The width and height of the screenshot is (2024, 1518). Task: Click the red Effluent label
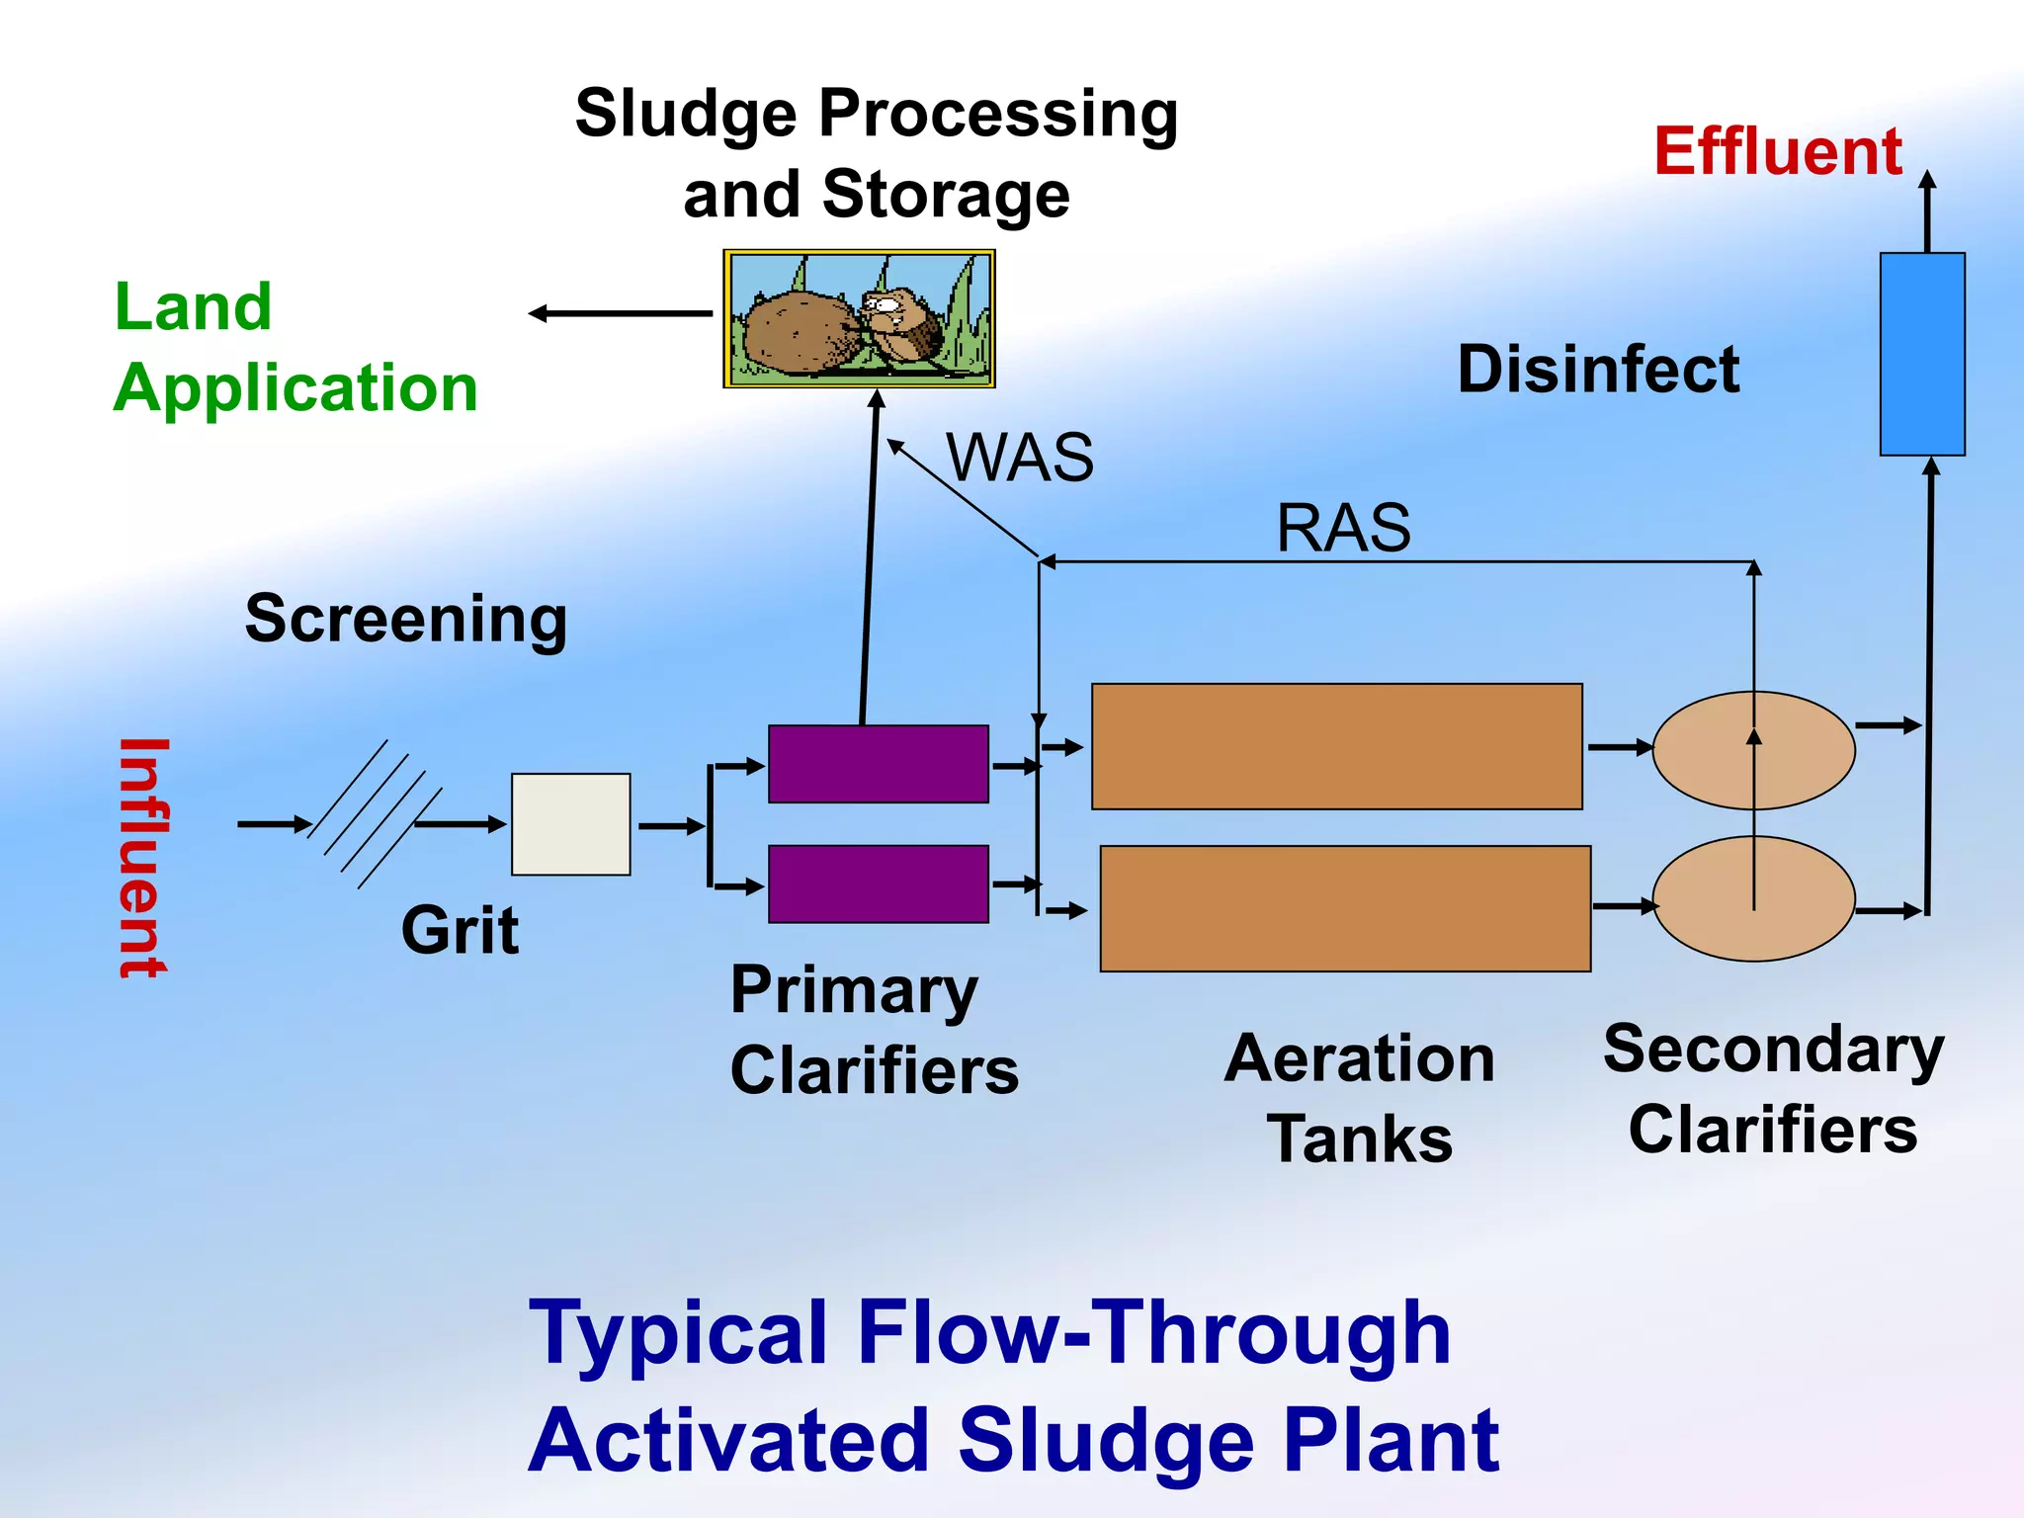(x=1777, y=152)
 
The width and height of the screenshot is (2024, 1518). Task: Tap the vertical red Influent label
(x=144, y=858)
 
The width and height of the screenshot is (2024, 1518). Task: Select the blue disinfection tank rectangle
(x=1921, y=354)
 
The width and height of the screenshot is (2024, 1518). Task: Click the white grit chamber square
(x=570, y=823)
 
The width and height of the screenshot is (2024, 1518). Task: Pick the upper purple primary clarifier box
(x=878, y=764)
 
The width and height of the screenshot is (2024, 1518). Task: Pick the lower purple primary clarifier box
(x=878, y=884)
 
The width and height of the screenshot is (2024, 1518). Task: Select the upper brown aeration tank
(x=1336, y=746)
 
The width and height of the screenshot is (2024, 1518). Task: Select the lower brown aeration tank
(x=1344, y=908)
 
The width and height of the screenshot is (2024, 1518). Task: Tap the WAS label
(x=1020, y=458)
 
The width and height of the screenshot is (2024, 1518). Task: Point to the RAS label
(x=1343, y=528)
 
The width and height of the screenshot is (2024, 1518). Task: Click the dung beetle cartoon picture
(x=859, y=318)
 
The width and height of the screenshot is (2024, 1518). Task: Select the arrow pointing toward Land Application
(x=620, y=313)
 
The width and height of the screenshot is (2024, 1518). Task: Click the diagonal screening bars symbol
(x=374, y=814)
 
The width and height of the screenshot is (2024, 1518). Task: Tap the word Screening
(x=406, y=620)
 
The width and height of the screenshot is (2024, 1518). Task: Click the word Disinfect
(x=1598, y=370)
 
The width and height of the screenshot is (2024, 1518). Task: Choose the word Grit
(x=460, y=930)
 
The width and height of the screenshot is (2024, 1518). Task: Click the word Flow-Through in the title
(x=1154, y=1333)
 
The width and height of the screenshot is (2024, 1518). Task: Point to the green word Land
(x=194, y=306)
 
